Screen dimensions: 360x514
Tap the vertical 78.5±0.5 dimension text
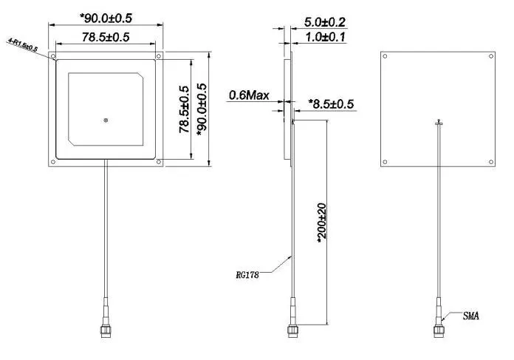coord(184,109)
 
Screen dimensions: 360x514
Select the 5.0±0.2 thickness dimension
coord(325,23)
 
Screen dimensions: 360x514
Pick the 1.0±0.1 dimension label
coord(325,37)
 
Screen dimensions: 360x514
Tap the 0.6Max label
coord(249,95)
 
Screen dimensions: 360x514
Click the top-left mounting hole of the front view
coord(54,56)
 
